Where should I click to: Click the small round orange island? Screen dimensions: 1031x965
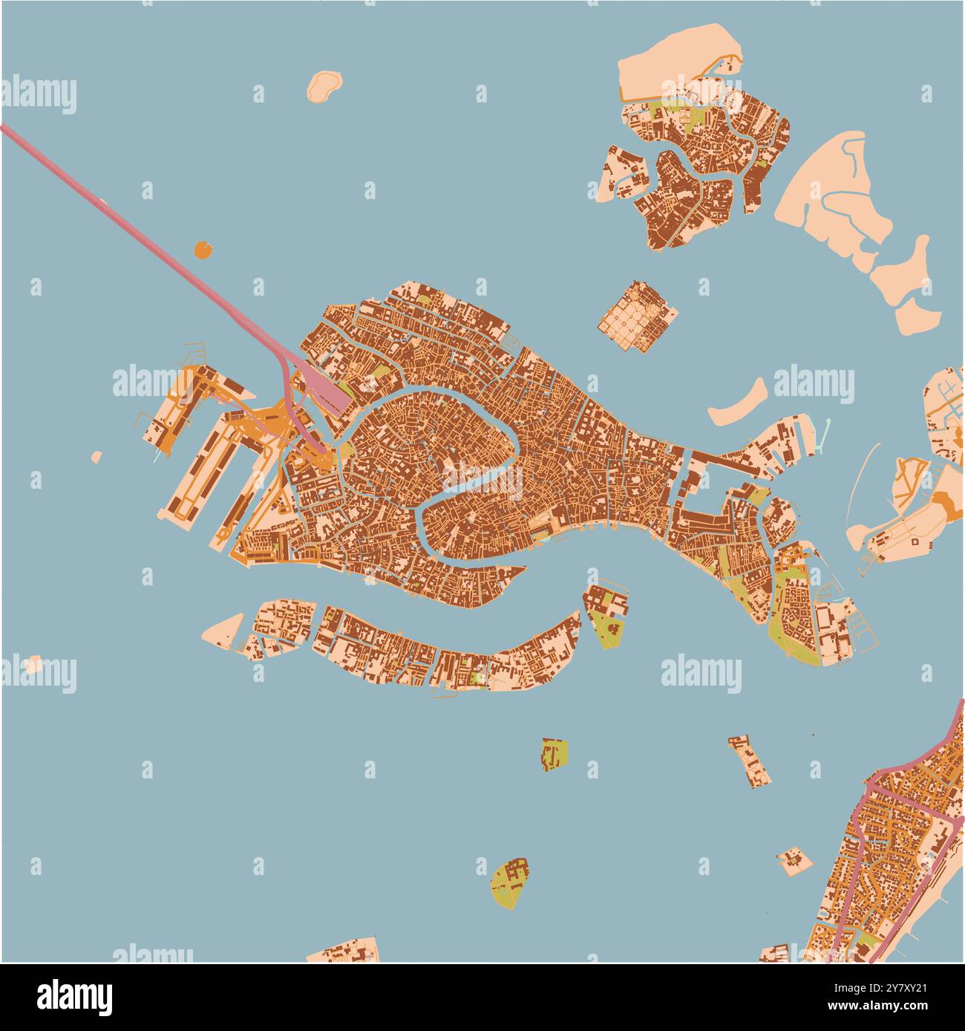click(203, 249)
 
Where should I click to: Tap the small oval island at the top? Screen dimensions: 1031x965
click(324, 85)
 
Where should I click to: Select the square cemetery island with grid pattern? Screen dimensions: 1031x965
click(638, 316)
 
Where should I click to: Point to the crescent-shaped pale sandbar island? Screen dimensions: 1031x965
click(739, 403)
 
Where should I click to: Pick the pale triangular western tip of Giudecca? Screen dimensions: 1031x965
click(225, 628)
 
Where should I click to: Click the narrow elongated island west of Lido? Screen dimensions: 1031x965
click(750, 761)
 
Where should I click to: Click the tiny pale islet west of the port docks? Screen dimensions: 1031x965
click(96, 456)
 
